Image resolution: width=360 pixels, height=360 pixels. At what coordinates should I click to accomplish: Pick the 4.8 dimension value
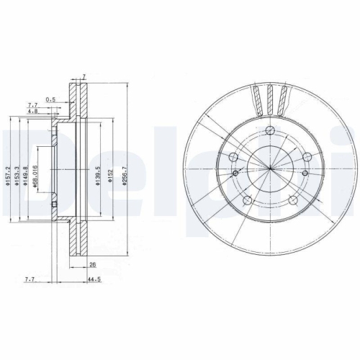pyautogui.click(x=33, y=112)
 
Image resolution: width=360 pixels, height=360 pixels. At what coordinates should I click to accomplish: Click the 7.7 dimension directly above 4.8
pyautogui.click(x=33, y=105)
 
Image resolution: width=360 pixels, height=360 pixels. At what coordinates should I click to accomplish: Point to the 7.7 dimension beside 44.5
pyautogui.click(x=29, y=276)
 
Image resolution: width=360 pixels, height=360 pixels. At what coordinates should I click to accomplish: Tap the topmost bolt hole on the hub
pyautogui.click(x=269, y=130)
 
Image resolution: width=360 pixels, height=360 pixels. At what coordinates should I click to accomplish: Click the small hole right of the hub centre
pyautogui.click(x=306, y=173)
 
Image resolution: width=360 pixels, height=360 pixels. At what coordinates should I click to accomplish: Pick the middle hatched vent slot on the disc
pyautogui.click(x=270, y=99)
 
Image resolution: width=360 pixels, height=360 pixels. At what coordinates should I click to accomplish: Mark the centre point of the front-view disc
pyautogui.click(x=269, y=168)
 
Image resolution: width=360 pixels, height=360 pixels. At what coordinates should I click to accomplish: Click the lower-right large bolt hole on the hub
pyautogui.click(x=293, y=200)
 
